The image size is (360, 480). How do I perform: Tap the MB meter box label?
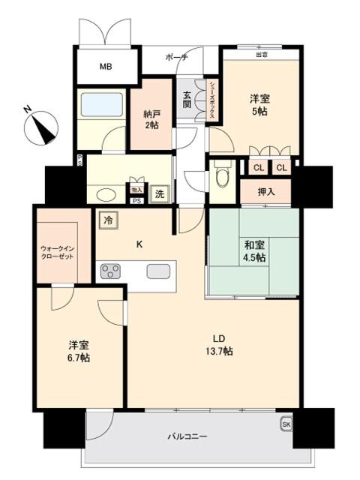coord(106,67)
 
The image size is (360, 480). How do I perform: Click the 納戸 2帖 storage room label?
coord(152,119)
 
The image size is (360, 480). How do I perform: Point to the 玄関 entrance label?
coord(187,100)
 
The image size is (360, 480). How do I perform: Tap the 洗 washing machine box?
coord(159,192)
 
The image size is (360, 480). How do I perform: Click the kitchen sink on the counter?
coord(157,270)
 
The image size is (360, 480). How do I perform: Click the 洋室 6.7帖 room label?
coord(79,352)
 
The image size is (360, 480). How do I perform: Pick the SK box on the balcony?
coord(286,424)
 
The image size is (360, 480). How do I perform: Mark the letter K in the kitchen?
coord(139,242)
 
